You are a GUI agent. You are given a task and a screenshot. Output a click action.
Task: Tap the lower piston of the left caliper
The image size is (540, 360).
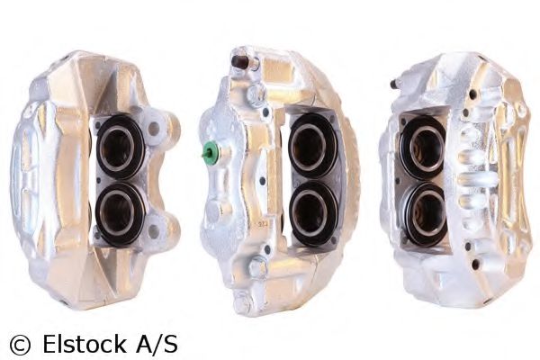pos(120,213)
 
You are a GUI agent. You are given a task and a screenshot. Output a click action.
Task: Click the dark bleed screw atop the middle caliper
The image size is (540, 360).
pos(240,61)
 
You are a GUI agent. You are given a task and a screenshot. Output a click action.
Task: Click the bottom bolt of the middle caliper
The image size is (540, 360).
pos(241,302)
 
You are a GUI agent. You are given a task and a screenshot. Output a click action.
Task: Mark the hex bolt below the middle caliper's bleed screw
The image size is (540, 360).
pos(255,95)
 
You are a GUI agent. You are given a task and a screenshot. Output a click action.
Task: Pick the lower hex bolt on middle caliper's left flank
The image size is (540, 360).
pos(256,266)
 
